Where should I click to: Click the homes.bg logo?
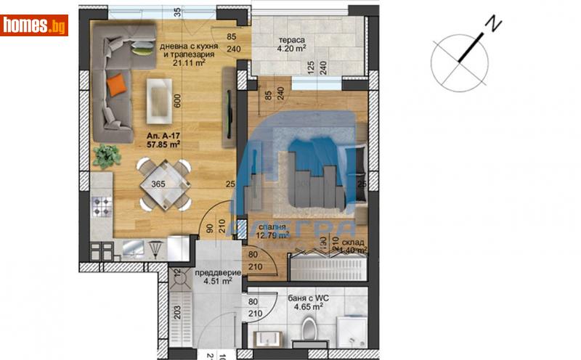click(x=34, y=25)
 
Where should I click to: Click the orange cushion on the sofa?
click(x=115, y=86)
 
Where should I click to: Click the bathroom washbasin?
click(x=264, y=339)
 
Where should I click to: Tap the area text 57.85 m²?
click(x=163, y=144)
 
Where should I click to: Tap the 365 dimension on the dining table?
click(x=159, y=184)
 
